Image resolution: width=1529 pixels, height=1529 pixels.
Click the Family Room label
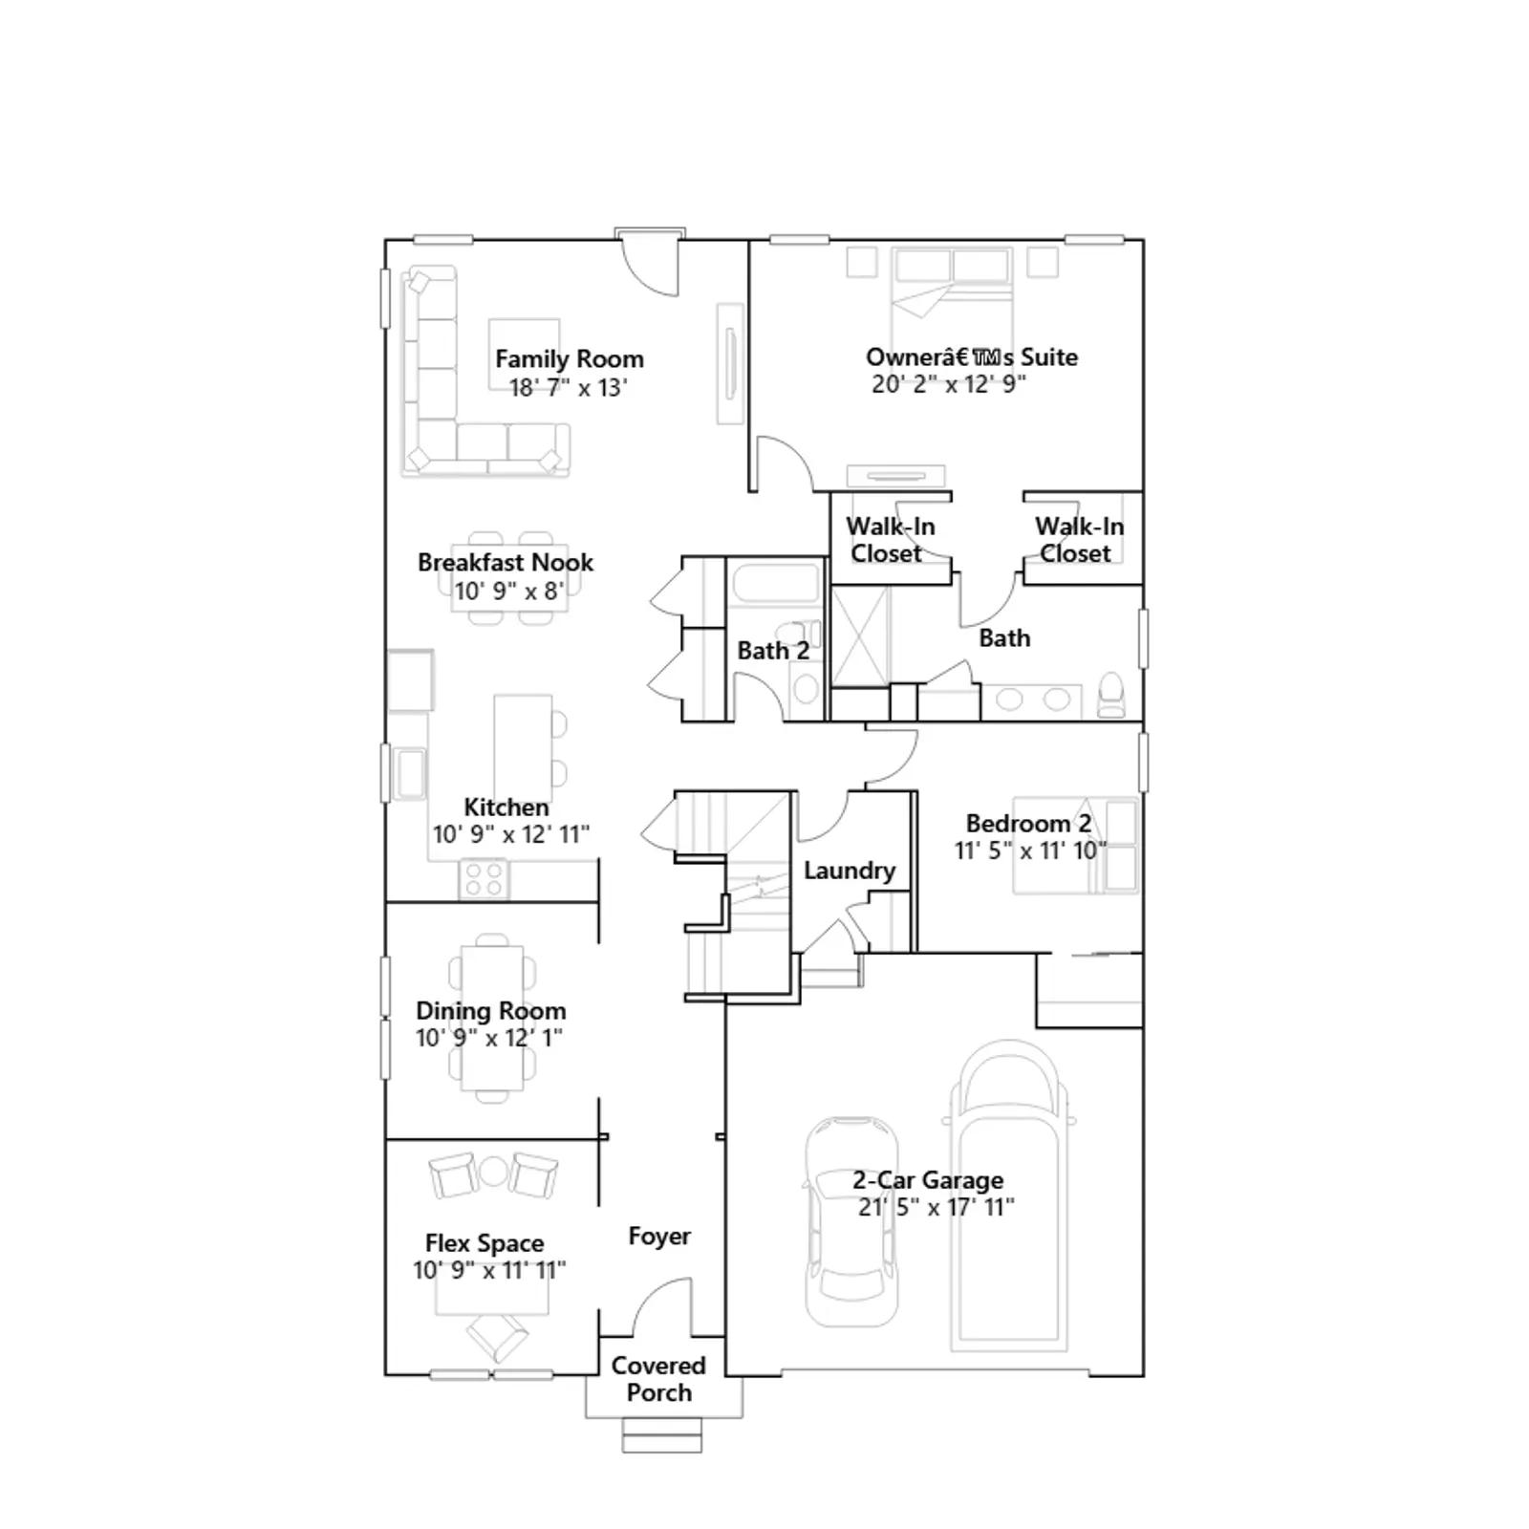pyautogui.click(x=570, y=359)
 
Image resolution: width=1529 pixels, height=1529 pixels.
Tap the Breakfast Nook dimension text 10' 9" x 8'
pyautogui.click(x=509, y=591)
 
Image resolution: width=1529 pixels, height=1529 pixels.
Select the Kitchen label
pyautogui.click(x=506, y=808)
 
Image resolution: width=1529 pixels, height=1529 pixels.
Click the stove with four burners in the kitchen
pyautogui.click(x=484, y=879)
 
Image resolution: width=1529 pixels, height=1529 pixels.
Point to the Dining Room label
pyautogui.click(x=491, y=1010)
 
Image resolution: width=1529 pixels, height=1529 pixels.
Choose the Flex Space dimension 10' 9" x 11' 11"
pyautogui.click(x=489, y=1270)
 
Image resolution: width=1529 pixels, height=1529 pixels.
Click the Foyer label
pyautogui.click(x=659, y=1237)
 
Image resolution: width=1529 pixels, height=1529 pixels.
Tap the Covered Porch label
pyautogui.click(x=658, y=1379)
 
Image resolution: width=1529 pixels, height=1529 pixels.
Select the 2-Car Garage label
pyautogui.click(x=928, y=1180)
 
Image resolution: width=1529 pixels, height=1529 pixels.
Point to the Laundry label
pyautogui.click(x=850, y=871)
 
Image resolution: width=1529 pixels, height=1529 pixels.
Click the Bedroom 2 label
pyautogui.click(x=1028, y=824)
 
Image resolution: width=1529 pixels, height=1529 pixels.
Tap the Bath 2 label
pyautogui.click(x=773, y=651)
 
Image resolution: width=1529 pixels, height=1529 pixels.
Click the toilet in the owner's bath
pyautogui.click(x=1111, y=696)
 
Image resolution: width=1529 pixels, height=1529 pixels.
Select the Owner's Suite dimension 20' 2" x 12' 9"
pyautogui.click(x=949, y=384)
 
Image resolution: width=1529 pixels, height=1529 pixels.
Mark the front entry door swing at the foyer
pyautogui.click(x=659, y=1307)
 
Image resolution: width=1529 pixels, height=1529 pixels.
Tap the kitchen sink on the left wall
pyautogui.click(x=411, y=773)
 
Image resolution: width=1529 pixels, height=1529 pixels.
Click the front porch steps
pyautogui.click(x=661, y=1435)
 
